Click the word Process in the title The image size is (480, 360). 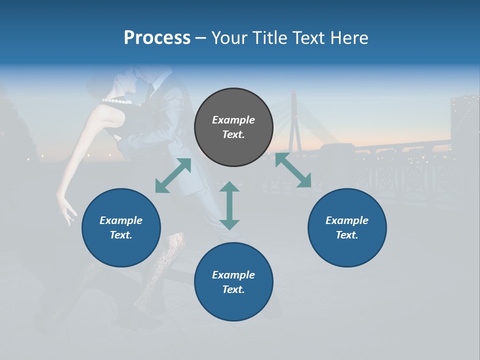(x=157, y=38)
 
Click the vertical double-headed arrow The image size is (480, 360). (x=229, y=205)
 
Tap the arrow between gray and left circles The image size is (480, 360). (x=173, y=175)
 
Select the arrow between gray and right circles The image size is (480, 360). (x=293, y=170)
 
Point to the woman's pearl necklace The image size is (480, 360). (x=118, y=101)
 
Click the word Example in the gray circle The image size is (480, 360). (x=233, y=120)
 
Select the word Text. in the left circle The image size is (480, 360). (x=121, y=235)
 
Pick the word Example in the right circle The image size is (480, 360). (x=347, y=220)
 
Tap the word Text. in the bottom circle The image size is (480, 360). (x=233, y=289)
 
